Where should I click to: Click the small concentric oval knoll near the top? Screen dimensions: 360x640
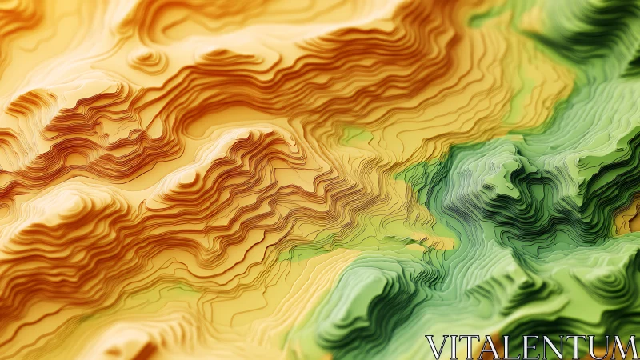click(x=149, y=58)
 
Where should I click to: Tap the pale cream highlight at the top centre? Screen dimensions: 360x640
click(x=320, y=16)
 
